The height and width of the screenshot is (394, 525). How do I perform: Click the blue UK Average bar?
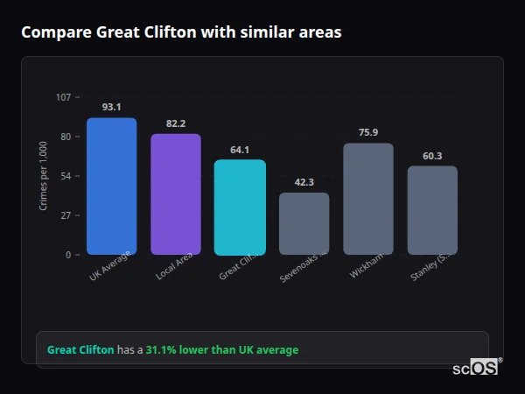(x=111, y=186)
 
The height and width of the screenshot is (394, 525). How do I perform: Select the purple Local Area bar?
(x=176, y=194)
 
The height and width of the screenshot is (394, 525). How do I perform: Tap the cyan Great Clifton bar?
(x=240, y=208)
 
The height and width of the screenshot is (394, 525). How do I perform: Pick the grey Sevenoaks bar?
(x=304, y=223)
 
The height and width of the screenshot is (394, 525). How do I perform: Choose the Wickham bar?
(x=367, y=199)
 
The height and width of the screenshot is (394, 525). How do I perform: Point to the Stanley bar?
(x=432, y=210)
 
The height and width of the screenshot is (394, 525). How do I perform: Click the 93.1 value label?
(x=111, y=107)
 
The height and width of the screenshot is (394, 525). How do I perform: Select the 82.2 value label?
(x=176, y=123)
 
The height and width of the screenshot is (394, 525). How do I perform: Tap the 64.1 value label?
(x=240, y=150)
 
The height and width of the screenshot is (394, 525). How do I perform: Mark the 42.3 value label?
(x=304, y=182)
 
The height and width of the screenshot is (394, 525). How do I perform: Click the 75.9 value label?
(x=367, y=132)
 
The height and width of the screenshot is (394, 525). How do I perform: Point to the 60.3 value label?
(x=432, y=156)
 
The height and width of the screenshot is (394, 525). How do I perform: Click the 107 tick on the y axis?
(x=64, y=97)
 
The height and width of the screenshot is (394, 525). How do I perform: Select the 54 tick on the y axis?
(x=66, y=176)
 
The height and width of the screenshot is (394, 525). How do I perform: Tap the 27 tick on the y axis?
(x=66, y=215)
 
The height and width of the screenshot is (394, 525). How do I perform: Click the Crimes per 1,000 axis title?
(x=43, y=176)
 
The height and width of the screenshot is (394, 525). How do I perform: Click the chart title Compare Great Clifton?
(x=181, y=32)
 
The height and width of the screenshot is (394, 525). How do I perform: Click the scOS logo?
(x=475, y=368)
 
